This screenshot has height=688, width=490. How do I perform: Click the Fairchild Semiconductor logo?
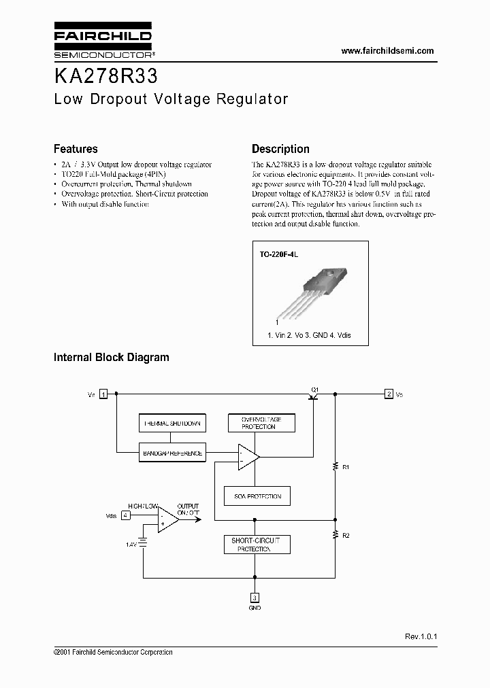102,41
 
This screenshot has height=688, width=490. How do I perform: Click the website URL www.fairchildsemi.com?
387,51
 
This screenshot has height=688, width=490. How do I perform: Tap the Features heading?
76,149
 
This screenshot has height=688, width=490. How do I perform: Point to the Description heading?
280,149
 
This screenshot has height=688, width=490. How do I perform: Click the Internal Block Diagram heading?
111,357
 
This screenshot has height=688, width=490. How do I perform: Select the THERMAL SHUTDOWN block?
171,424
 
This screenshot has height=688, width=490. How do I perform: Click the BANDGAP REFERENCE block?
171,453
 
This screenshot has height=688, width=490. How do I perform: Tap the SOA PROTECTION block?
258,496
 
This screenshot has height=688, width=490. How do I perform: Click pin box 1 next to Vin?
103,394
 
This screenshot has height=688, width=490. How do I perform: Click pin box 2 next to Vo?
388,394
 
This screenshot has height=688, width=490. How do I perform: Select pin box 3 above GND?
255,598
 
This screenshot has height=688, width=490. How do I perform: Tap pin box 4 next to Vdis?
125,515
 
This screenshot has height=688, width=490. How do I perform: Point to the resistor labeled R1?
335,466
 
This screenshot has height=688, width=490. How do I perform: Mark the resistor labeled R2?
335,535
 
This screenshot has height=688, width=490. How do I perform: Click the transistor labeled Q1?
314,396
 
